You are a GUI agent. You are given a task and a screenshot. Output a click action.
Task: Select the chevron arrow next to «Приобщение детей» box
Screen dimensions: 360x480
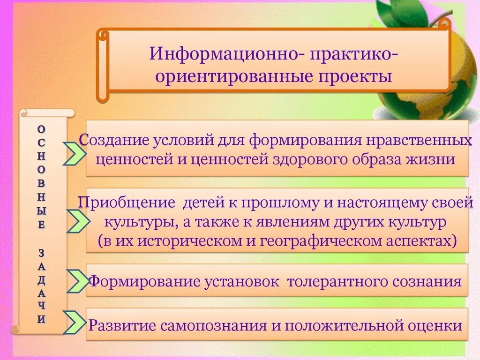[75, 221]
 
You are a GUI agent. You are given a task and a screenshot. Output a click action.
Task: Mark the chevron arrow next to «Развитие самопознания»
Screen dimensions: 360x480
[76, 323]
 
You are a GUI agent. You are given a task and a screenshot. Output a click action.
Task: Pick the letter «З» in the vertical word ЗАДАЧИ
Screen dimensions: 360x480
[42, 253]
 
